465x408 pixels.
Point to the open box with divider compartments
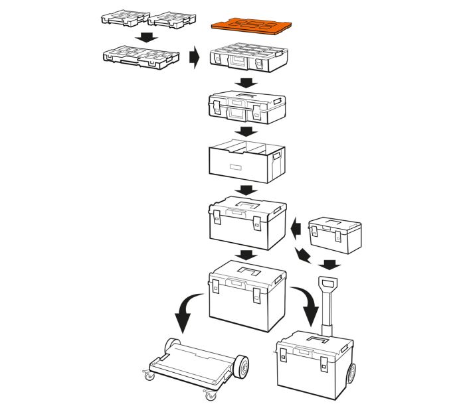[247, 162]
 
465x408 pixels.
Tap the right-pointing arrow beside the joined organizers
[195, 57]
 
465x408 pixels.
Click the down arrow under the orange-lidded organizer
[248, 82]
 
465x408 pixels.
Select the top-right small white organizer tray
[172, 19]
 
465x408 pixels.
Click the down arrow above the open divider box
[248, 132]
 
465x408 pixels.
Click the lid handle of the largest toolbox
[248, 273]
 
